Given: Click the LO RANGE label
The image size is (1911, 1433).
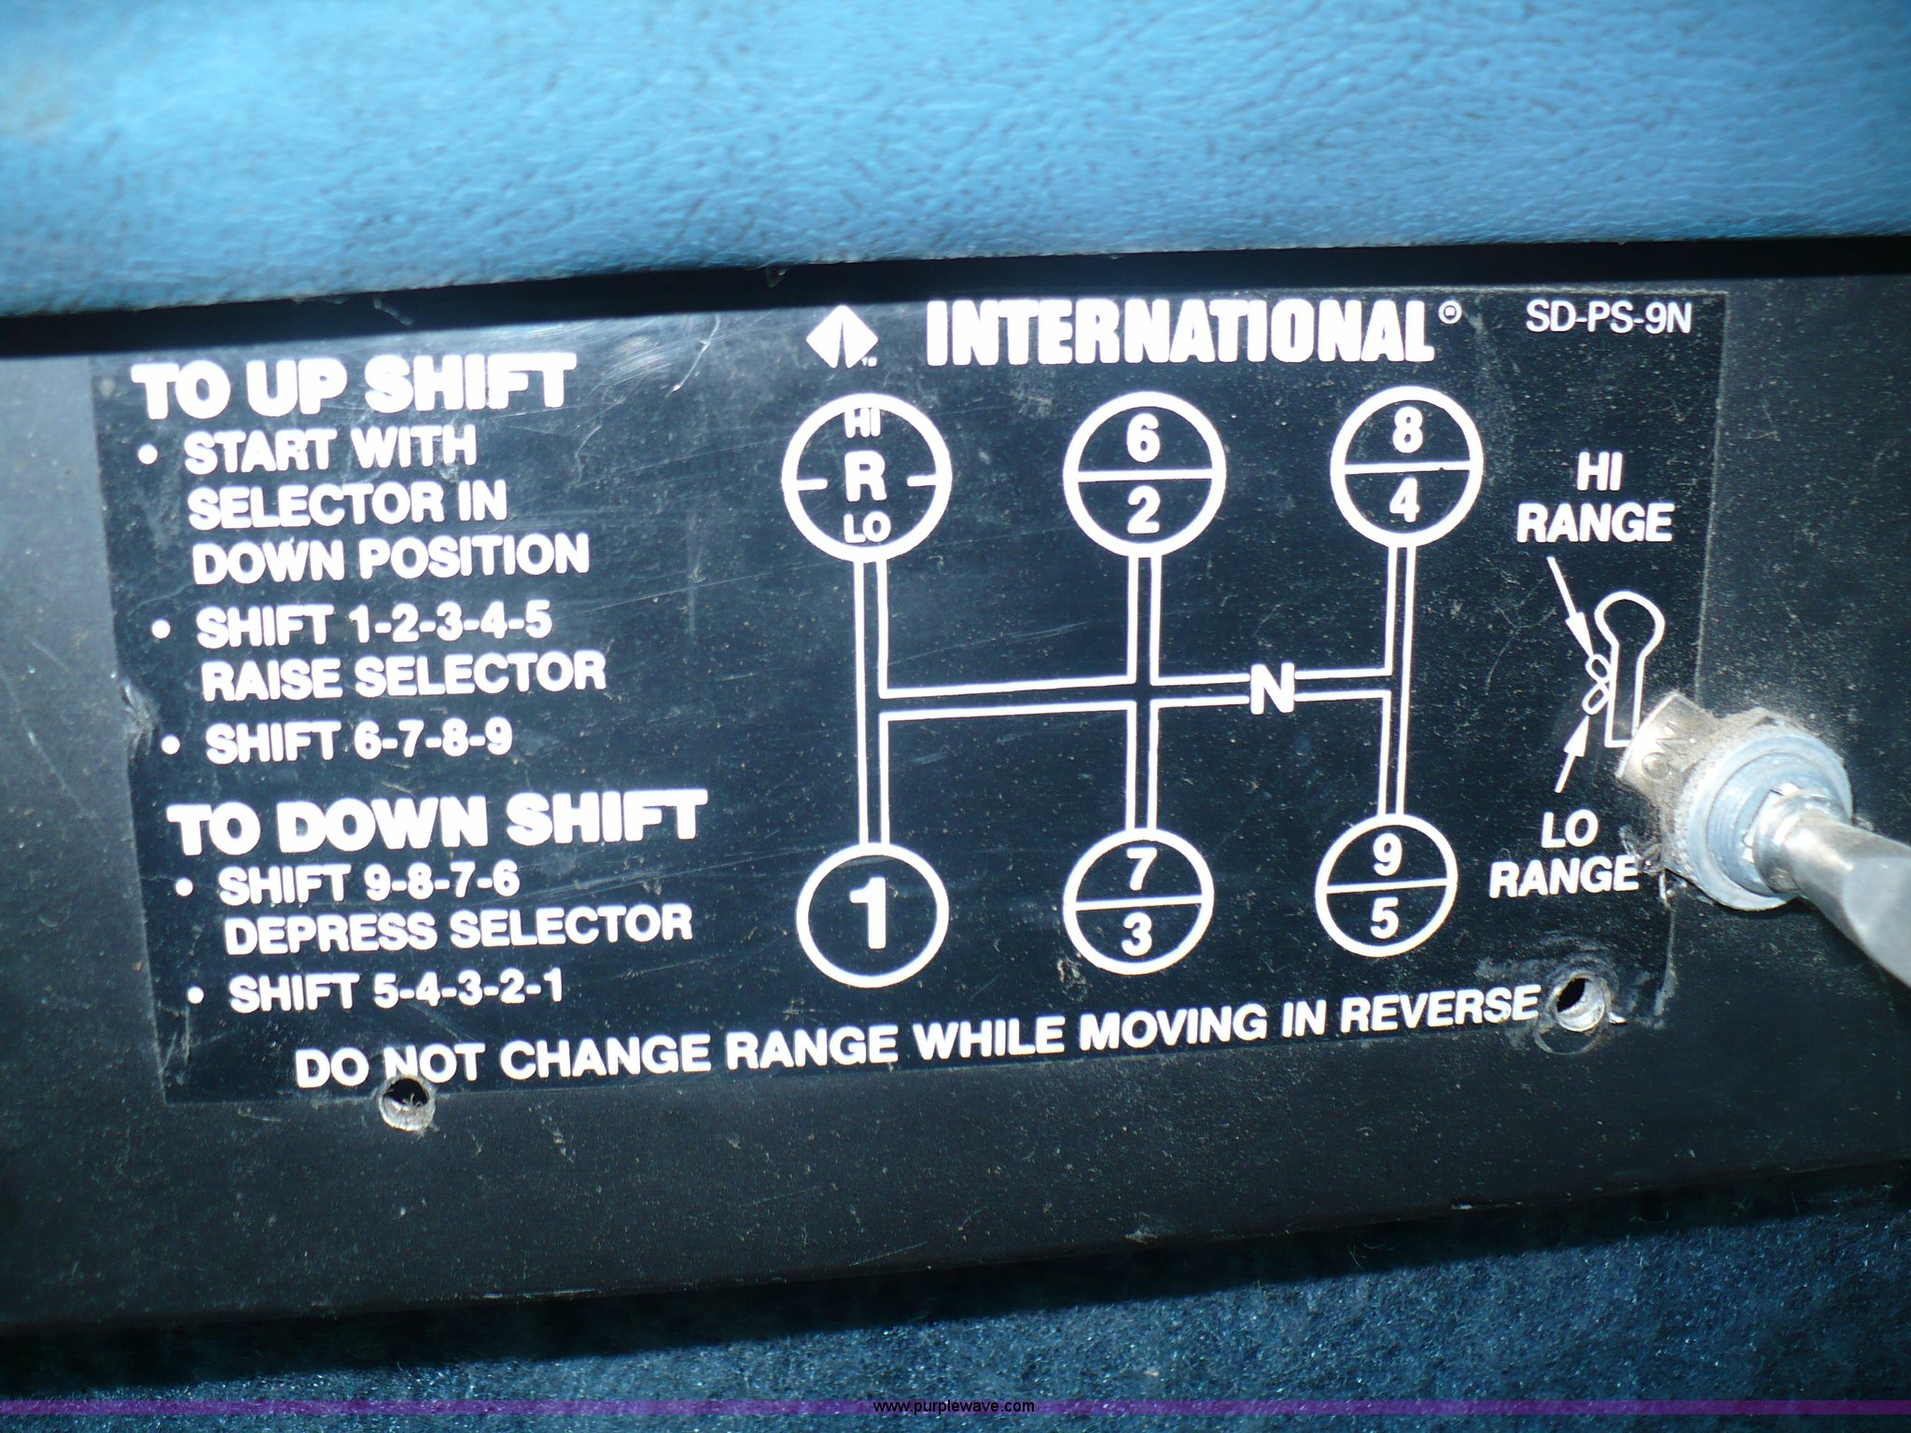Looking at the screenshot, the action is tap(1563, 853).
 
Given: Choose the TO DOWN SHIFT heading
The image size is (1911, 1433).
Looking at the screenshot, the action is tap(439, 820).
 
